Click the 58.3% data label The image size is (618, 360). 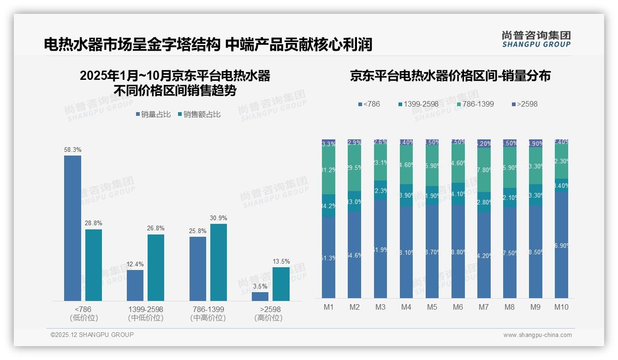[x=72, y=150]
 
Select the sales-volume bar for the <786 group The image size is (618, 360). [x=72, y=228]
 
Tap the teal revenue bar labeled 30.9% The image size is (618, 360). [x=219, y=262]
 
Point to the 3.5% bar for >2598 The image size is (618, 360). [x=260, y=296]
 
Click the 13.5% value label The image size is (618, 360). [x=281, y=262]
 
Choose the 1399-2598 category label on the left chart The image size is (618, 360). [x=145, y=309]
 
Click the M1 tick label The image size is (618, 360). [x=329, y=307]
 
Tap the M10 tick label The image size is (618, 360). [x=561, y=307]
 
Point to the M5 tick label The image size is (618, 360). [x=432, y=307]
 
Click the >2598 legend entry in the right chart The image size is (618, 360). [x=524, y=104]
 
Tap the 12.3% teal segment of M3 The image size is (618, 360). [x=380, y=190]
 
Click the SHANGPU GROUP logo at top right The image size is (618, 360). [x=536, y=39]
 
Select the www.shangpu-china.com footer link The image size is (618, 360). [x=537, y=335]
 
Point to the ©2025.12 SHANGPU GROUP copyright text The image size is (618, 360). [x=92, y=335]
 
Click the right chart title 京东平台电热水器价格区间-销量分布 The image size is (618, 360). [x=450, y=76]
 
